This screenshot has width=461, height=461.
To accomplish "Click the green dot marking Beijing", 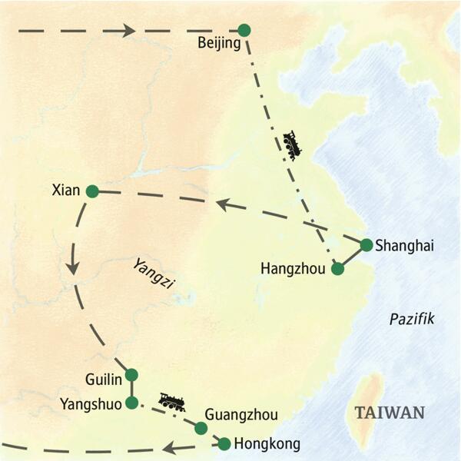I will pos(244,30).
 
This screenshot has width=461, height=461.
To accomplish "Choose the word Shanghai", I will pos(405,246).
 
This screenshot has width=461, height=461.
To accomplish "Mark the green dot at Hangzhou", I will pos(337,269).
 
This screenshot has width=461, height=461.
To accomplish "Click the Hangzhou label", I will pos(294,269).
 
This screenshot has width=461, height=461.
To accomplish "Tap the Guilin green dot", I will pos(131,375).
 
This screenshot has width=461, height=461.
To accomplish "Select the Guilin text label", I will pos(104,379).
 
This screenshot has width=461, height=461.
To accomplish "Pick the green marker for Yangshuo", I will pos(132,403).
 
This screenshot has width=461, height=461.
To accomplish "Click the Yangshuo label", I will pos(91,404).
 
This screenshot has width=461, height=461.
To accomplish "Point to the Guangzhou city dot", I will pos(201,429).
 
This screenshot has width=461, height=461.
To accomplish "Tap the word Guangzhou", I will pos(242,416).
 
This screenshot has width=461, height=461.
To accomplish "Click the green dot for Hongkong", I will pos(224,443).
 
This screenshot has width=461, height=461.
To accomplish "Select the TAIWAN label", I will pos(390,413).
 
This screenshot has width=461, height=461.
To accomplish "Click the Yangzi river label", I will pos(153,274).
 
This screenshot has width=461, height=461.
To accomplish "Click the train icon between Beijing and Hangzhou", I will pos(293,145).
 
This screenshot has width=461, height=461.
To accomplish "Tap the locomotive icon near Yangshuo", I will pos(171,402).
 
